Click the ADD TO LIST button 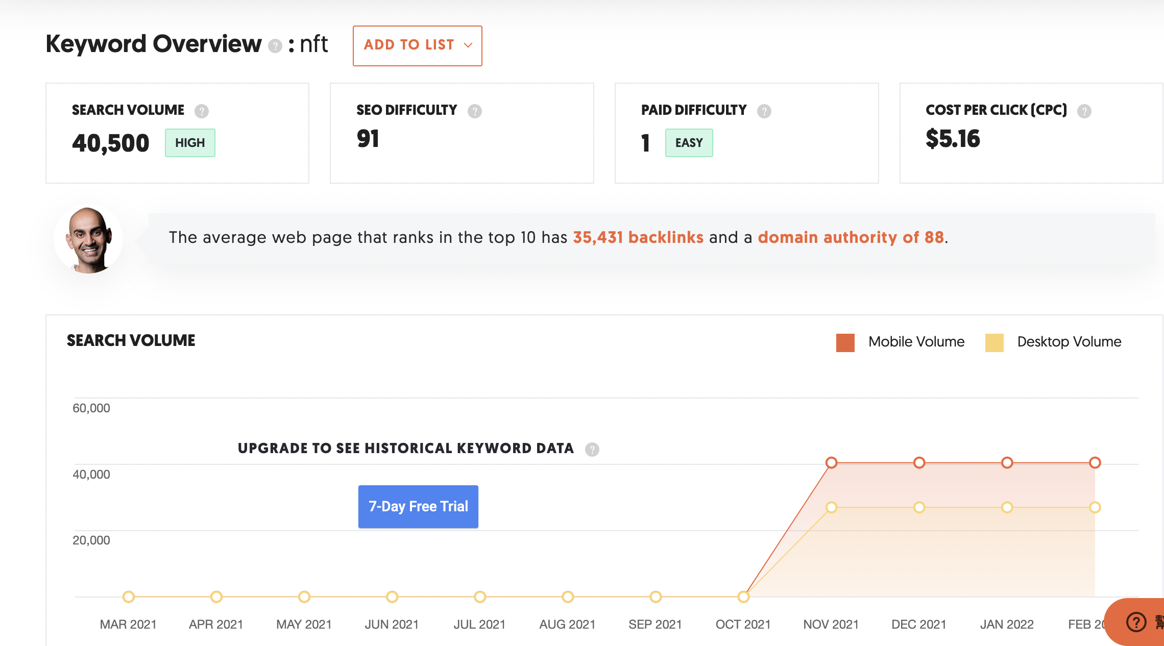click(x=417, y=45)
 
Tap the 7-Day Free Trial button click(x=418, y=506)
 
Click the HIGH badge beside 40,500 click(x=190, y=143)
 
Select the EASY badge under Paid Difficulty click(x=689, y=143)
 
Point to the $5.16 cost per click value click(x=953, y=139)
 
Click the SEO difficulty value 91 click(x=368, y=139)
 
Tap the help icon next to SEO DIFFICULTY click(x=475, y=111)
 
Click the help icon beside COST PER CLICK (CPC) click(x=1084, y=111)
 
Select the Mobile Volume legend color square click(x=845, y=342)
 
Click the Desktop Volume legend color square click(x=994, y=342)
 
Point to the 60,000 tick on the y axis click(x=91, y=408)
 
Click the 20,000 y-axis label click(x=91, y=540)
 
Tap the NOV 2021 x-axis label click(x=831, y=624)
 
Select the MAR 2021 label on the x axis click(x=128, y=624)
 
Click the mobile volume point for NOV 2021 click(x=831, y=463)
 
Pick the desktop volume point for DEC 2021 click(x=919, y=507)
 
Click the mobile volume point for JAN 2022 click(x=1007, y=463)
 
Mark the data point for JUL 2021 click(x=479, y=597)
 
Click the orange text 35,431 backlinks click(x=638, y=237)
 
